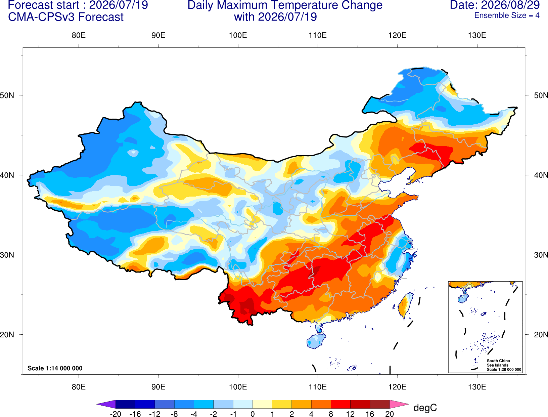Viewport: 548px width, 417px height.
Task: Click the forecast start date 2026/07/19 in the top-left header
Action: pyautogui.click(x=119, y=5)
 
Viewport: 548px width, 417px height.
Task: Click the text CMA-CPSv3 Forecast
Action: pyautogui.click(x=66, y=17)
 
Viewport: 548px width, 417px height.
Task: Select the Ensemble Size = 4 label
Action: pyautogui.click(x=507, y=15)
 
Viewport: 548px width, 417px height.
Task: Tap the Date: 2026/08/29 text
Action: pyautogui.click(x=495, y=5)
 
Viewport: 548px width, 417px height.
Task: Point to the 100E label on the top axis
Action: pyautogui.click(x=238, y=35)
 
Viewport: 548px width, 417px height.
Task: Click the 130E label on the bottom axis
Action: pyautogui.click(x=477, y=387)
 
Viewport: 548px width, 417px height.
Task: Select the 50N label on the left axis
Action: pyautogui.click(x=7, y=95)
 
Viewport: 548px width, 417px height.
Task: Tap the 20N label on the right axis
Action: pyautogui.click(x=541, y=335)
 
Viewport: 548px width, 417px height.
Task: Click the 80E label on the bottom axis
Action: pyautogui.click(x=79, y=387)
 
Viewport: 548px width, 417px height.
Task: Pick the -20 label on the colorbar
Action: pyautogui.click(x=116, y=414)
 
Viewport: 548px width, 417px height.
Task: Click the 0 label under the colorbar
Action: pyautogui.click(x=253, y=414)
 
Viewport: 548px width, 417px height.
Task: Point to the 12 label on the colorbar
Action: pyautogui.click(x=350, y=414)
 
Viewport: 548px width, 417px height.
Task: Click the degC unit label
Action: pyautogui.click(x=425, y=408)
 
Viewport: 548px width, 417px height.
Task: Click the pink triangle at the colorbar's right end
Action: pyautogui.click(x=399, y=404)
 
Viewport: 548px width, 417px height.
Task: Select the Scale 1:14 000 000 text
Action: pyautogui.click(x=55, y=368)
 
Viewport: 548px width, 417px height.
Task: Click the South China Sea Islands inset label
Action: pyautogui.click(x=498, y=363)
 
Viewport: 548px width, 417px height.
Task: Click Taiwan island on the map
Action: pyautogui.click(x=405, y=305)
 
